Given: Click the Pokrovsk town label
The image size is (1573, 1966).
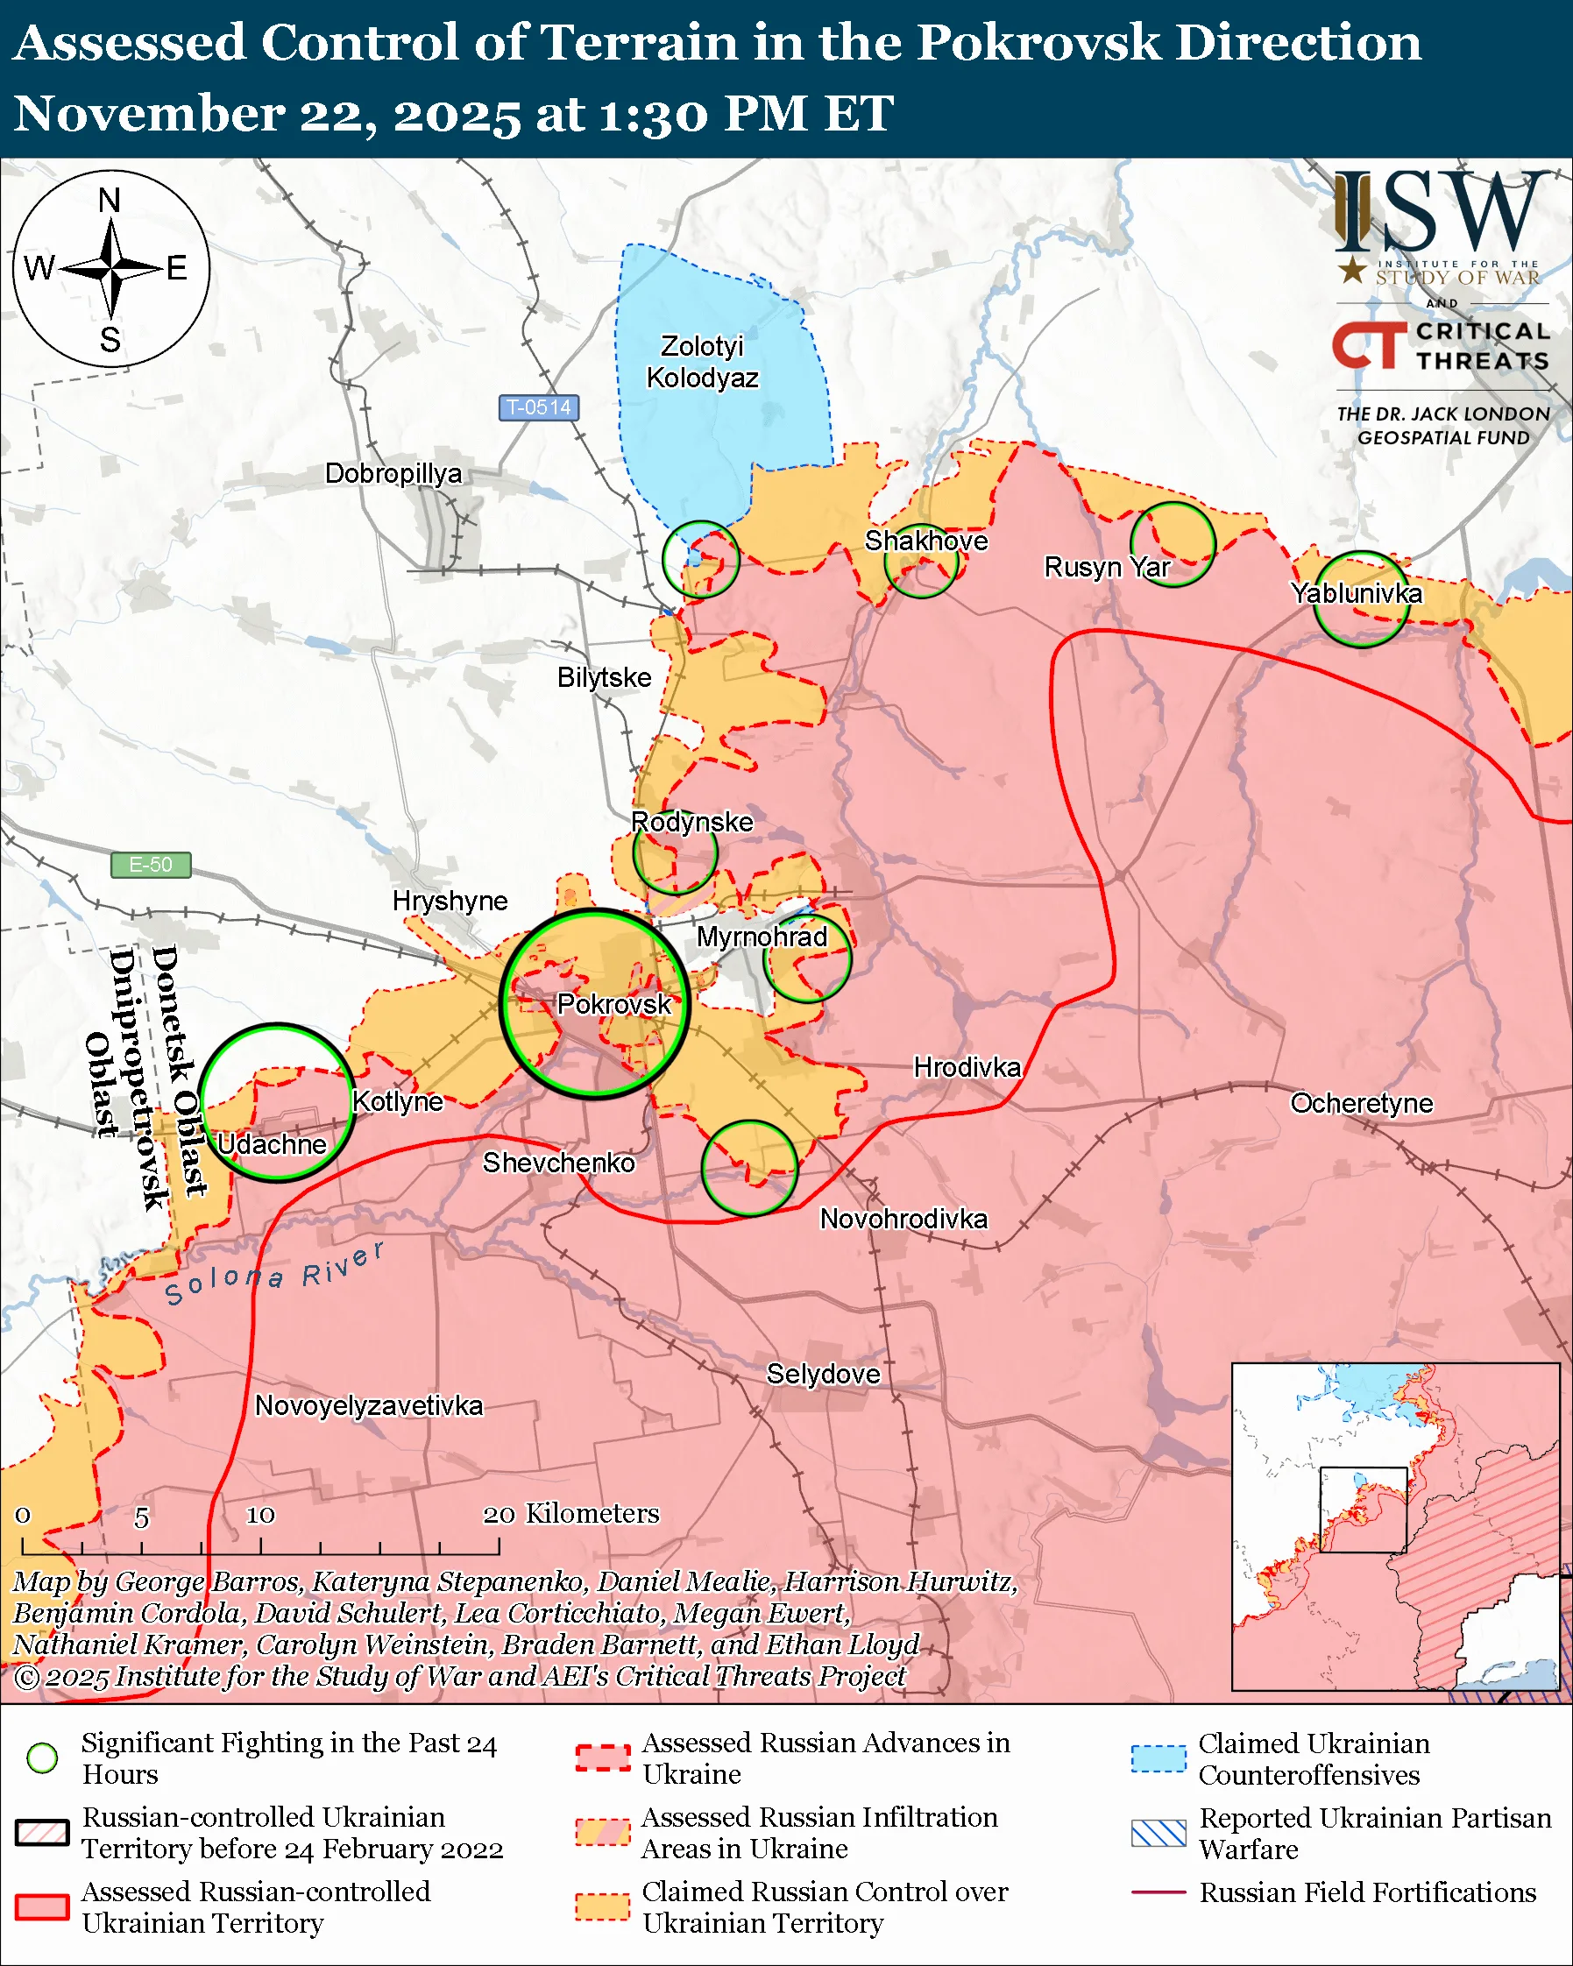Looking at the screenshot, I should (x=613, y=1004).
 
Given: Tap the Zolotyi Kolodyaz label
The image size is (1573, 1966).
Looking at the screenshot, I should (x=702, y=362).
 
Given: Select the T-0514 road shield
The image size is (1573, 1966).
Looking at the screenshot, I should (x=538, y=407).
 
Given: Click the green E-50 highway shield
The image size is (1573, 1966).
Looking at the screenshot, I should (x=151, y=864).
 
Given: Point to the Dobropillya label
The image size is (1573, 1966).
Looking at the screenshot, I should (x=393, y=473).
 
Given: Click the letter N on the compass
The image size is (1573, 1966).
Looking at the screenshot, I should (x=110, y=201).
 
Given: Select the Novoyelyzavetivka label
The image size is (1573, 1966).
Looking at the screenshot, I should (x=368, y=1405).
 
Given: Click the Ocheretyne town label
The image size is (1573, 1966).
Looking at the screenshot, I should (x=1361, y=1103).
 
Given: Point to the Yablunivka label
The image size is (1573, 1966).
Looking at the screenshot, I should (x=1356, y=594).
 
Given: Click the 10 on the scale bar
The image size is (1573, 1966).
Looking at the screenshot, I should (x=260, y=1516).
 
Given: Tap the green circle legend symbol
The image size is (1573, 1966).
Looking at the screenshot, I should (x=42, y=1758).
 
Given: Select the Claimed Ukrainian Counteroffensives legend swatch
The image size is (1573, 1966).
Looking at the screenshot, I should (x=1158, y=1758).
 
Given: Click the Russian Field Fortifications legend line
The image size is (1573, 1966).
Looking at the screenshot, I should (x=1158, y=1892).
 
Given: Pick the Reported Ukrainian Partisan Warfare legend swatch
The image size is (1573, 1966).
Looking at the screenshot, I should (x=1158, y=1833).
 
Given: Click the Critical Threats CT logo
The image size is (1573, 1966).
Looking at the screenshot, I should (x=1368, y=345).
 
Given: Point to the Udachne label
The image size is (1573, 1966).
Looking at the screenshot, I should (x=272, y=1144).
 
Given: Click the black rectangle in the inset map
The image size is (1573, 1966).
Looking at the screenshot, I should (x=1364, y=1510).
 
